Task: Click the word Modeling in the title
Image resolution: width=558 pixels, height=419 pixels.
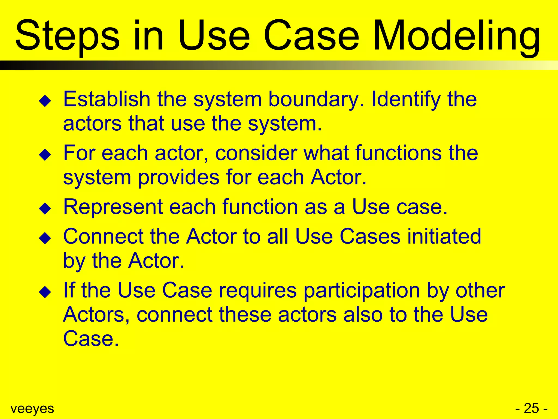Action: click(456, 37)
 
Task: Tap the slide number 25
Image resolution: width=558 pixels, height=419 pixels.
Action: click(531, 408)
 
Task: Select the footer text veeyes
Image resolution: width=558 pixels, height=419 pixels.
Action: click(32, 409)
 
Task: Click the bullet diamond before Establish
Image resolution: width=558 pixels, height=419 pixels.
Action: click(45, 101)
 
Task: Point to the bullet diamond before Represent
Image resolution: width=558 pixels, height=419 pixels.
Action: click(45, 209)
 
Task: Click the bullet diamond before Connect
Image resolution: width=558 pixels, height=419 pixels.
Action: click(45, 238)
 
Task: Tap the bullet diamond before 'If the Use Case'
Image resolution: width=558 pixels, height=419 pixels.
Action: click(45, 292)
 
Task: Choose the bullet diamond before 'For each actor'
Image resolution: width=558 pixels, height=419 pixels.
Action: click(45, 155)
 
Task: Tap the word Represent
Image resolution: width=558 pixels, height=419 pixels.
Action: click(113, 207)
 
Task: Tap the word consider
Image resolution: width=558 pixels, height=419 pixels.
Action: click(256, 153)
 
